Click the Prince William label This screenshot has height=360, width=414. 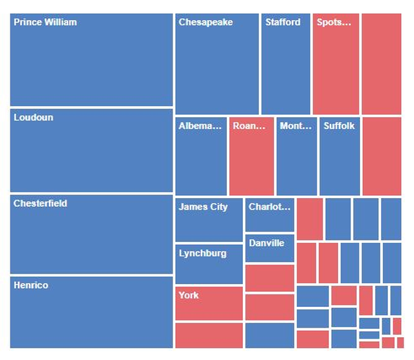pos(46,22)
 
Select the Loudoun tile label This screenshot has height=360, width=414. pos(33,117)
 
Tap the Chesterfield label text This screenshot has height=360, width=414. pos(40,203)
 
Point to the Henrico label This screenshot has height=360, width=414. pos(31,285)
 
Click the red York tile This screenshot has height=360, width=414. pos(208,303)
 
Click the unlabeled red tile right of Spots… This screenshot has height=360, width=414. pos(381,64)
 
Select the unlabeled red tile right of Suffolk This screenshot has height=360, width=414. pos(381,157)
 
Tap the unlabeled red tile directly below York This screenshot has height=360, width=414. pos(208,335)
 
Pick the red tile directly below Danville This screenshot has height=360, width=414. pos(269,278)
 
